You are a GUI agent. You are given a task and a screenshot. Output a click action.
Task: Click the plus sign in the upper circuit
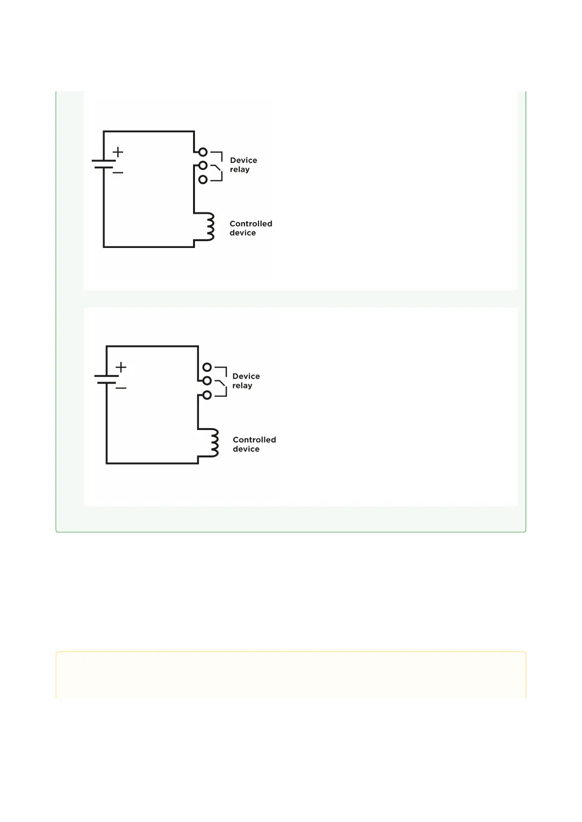tap(118, 152)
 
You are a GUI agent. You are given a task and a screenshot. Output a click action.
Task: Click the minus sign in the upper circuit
tap(118, 172)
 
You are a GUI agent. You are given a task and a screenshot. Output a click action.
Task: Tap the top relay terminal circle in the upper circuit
tap(203, 152)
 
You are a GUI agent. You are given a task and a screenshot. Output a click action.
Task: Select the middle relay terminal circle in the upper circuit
tap(203, 165)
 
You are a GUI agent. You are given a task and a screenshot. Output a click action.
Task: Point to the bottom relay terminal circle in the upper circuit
tap(203, 180)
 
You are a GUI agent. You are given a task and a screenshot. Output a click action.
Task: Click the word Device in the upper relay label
tap(243, 160)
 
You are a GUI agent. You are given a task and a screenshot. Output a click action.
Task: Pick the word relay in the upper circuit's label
tap(239, 169)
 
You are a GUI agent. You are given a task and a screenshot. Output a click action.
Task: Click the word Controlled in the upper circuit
tap(251, 224)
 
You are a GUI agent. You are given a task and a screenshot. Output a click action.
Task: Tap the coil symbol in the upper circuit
tap(209, 226)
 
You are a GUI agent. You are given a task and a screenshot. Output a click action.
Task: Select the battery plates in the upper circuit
tap(104, 164)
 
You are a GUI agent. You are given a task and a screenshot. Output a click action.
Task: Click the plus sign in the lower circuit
tap(121, 367)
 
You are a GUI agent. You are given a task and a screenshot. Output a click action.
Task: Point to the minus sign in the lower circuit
tap(121, 388)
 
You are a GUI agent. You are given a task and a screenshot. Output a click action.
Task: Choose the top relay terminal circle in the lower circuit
tap(207, 367)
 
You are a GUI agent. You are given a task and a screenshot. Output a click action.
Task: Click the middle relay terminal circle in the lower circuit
tap(207, 381)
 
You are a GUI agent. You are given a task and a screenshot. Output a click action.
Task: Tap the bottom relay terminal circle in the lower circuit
tap(207, 395)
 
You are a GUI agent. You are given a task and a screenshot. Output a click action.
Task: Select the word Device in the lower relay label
tap(246, 376)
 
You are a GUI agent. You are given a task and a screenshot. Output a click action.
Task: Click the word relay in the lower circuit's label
tap(242, 386)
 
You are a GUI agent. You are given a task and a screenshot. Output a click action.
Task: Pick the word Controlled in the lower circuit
tap(254, 440)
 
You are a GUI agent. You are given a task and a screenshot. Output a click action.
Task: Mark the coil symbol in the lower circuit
tap(213, 443)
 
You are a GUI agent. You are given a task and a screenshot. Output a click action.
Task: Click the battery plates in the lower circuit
tap(107, 379)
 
